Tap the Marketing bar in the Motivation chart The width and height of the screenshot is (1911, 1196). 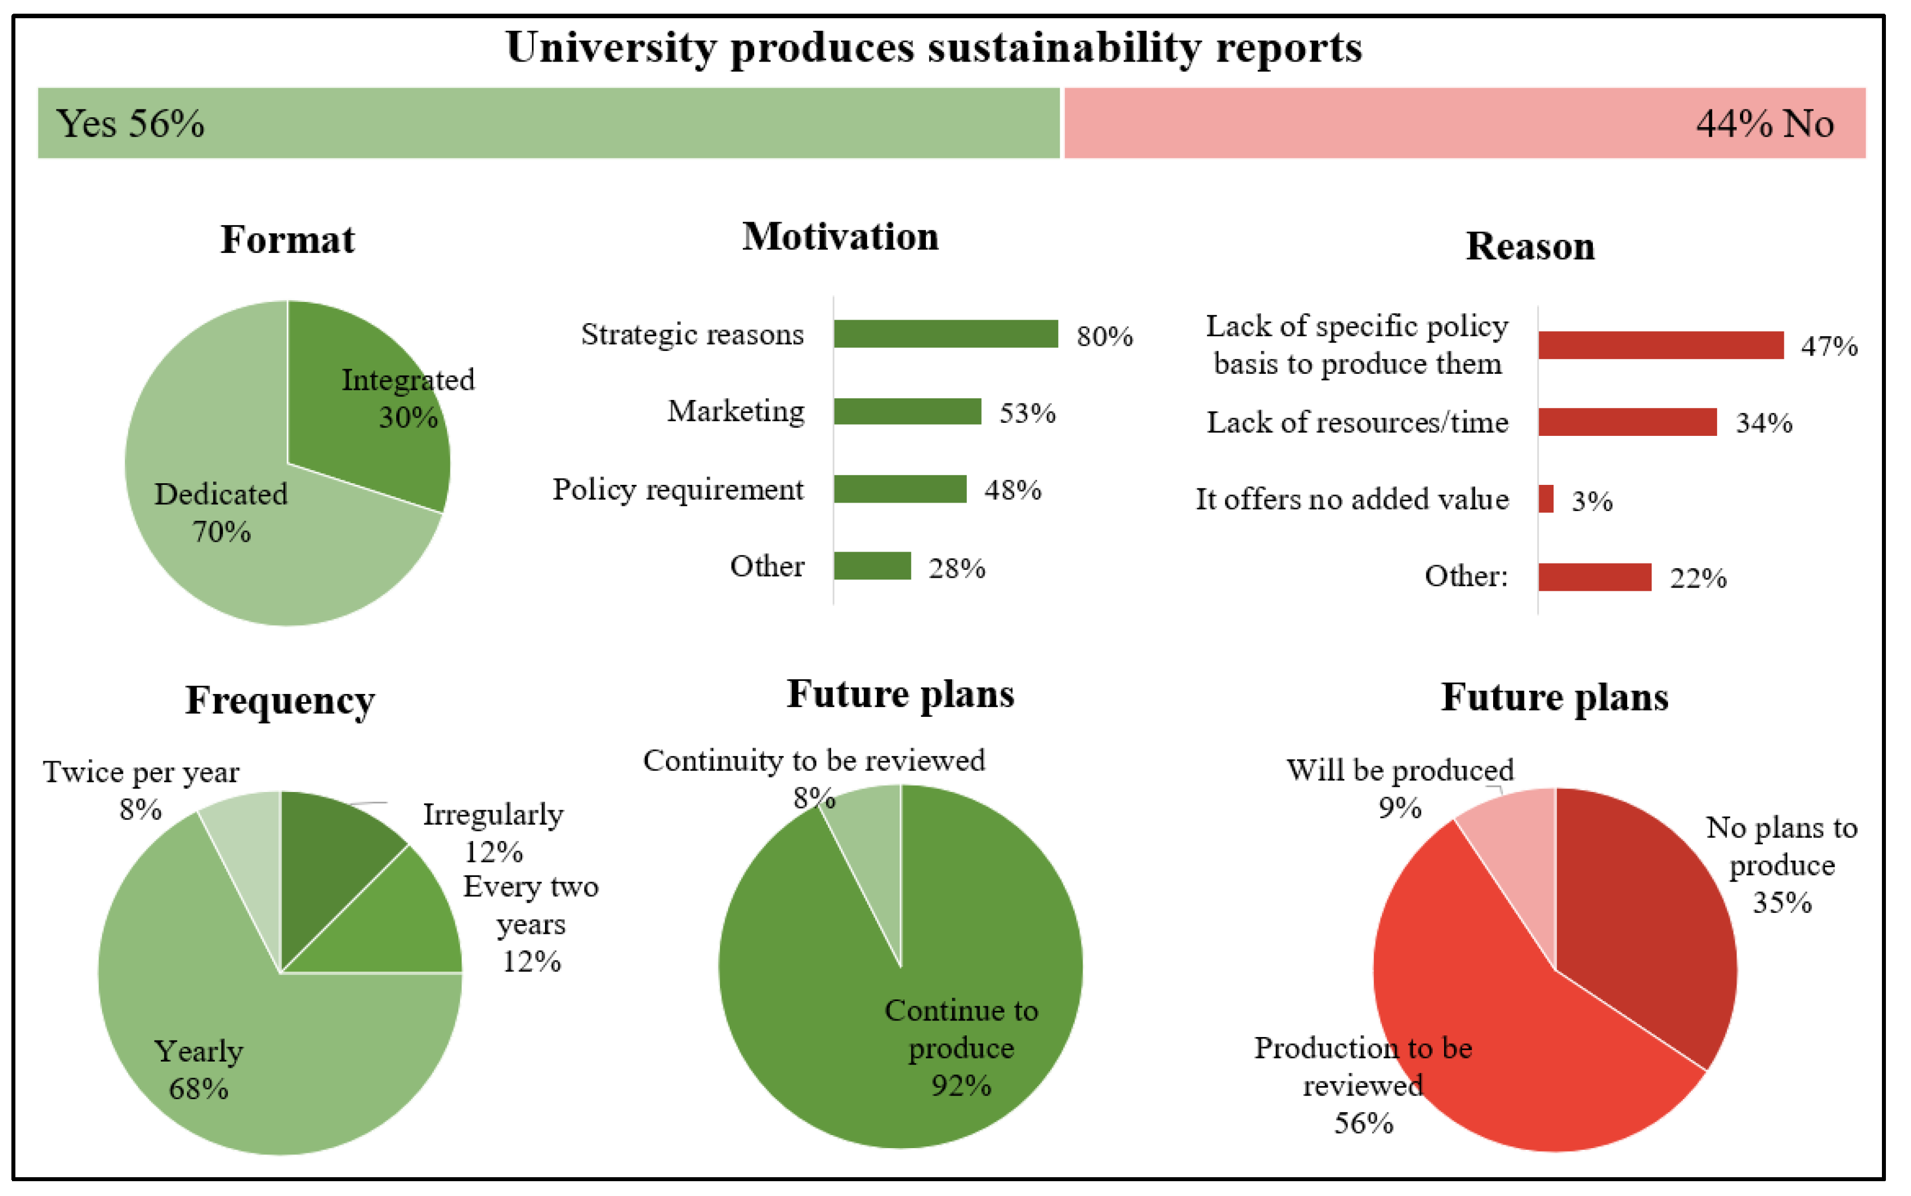point(907,411)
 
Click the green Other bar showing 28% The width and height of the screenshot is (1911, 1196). point(872,566)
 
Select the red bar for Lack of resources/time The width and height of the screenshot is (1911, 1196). point(1627,422)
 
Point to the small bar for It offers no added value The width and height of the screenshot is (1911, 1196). point(1546,499)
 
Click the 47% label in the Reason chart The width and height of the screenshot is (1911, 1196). point(1829,346)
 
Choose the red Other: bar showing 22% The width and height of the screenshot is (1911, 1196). point(1595,577)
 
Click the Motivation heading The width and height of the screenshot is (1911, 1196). point(840,236)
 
